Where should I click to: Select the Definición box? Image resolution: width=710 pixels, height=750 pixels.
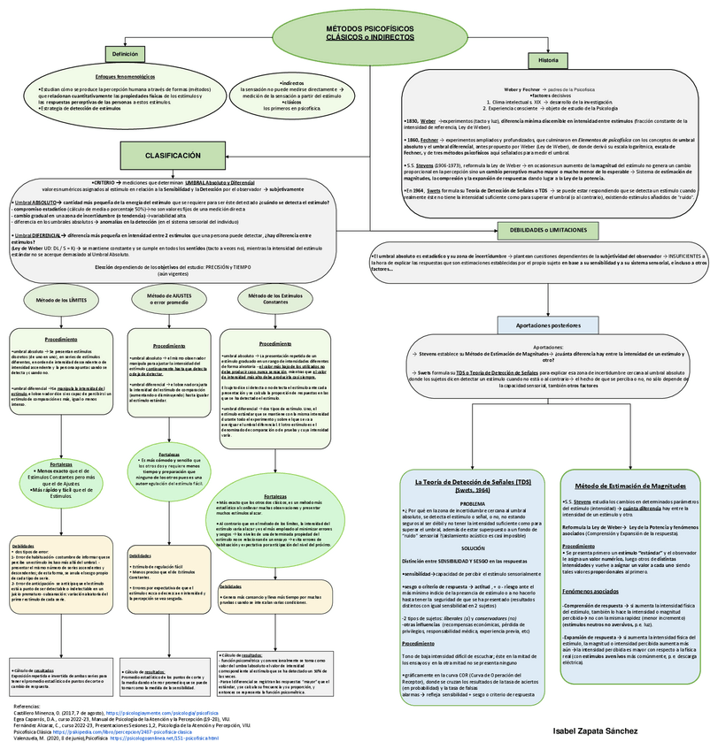pos(124,55)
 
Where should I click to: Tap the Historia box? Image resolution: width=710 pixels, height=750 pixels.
pos(542,60)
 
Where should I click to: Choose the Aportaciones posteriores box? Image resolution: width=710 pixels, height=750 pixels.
pos(542,325)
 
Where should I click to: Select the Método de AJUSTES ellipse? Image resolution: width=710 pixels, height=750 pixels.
pos(167,301)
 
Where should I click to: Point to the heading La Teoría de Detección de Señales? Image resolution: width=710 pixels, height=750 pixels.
pos(475,482)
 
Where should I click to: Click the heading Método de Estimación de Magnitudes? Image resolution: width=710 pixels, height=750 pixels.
pos(630,486)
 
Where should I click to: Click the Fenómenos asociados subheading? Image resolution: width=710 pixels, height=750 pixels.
pos(591,589)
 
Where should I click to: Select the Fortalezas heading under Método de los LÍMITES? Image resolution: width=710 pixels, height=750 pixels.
pos(61,463)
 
